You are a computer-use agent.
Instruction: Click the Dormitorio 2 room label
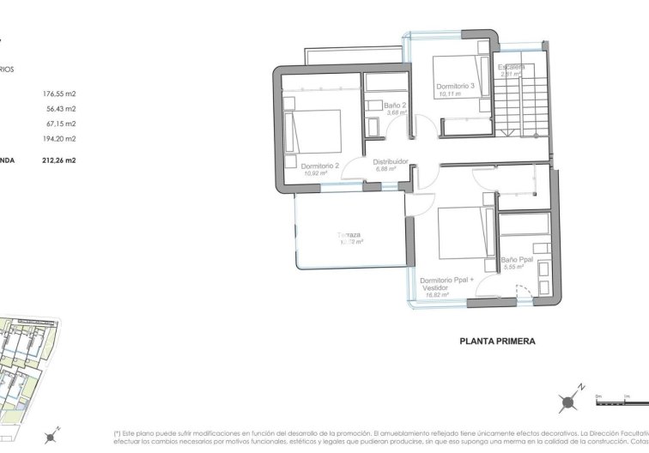(318, 166)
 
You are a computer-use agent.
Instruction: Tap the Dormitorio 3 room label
(455, 86)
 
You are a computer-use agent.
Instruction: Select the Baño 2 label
(395, 105)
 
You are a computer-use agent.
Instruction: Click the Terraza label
(349, 234)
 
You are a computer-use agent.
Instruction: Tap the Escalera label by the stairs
(513, 67)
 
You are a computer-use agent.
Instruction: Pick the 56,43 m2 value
(62, 108)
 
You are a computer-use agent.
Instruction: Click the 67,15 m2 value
(62, 123)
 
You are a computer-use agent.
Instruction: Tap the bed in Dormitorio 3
(455, 68)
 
